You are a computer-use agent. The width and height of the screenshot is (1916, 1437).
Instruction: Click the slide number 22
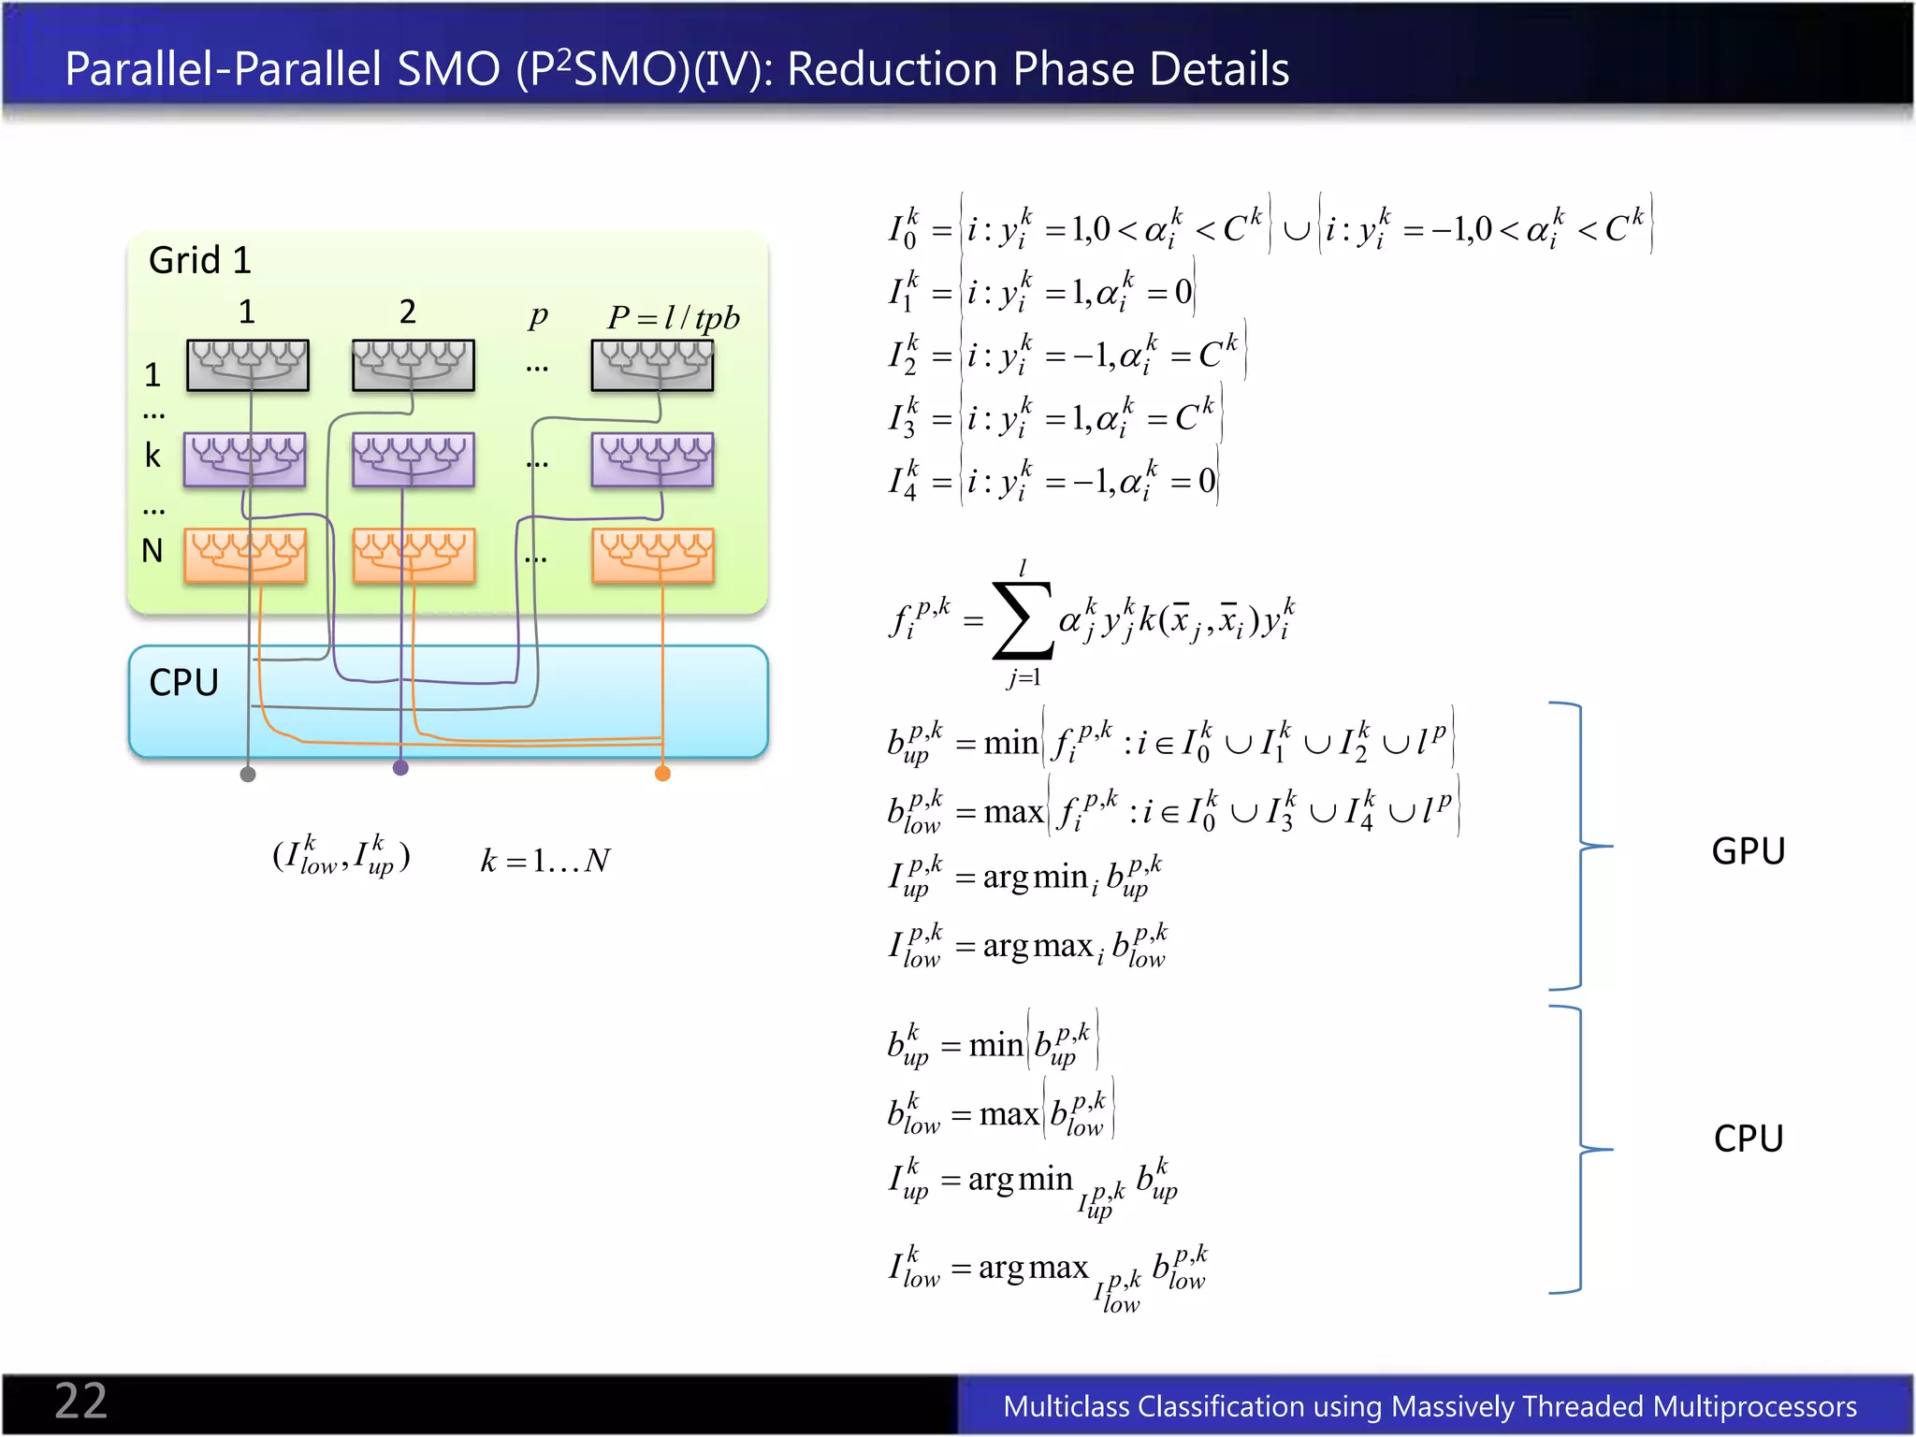[80, 1401]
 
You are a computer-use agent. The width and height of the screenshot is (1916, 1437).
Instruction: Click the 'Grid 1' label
[200, 260]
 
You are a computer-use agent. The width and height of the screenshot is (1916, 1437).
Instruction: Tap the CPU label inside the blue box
[183, 682]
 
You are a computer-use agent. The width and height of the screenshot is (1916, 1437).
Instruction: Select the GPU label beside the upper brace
[1748, 851]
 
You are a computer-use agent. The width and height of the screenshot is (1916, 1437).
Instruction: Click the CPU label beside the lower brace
[1748, 1139]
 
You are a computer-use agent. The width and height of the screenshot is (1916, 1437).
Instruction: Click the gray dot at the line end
[248, 774]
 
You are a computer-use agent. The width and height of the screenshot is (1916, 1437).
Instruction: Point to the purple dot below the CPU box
[400, 768]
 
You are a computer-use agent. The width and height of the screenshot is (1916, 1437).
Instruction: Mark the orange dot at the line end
[662, 773]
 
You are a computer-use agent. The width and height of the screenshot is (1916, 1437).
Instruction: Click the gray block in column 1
[247, 365]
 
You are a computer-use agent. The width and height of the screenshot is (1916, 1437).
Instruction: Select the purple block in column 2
[414, 459]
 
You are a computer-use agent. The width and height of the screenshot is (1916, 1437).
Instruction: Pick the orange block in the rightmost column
[653, 556]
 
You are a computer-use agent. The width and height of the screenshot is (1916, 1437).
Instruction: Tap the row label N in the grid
[152, 551]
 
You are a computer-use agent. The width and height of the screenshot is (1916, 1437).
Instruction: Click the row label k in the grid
[152, 456]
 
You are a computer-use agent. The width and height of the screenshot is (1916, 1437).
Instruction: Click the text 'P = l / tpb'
[673, 318]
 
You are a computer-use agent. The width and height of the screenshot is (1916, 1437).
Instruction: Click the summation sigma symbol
[1022, 619]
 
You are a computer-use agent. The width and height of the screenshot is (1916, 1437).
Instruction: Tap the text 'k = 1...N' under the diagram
[545, 860]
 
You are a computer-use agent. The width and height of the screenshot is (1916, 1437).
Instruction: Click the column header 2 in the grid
[407, 312]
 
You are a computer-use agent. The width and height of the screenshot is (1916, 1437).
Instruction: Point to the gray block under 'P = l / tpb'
[652, 365]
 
